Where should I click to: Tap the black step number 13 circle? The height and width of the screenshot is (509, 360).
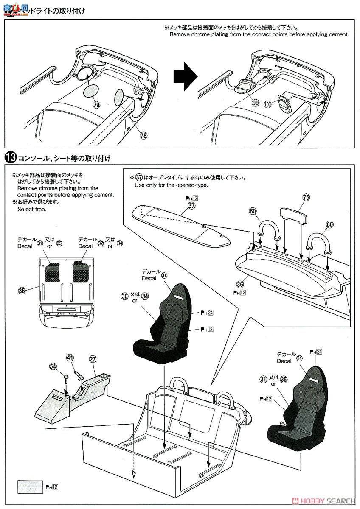pyautogui.click(x=9, y=158)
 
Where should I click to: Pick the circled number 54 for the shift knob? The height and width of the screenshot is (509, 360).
pyautogui.click(x=53, y=366)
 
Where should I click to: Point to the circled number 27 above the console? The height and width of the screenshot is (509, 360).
pyautogui.click(x=93, y=359)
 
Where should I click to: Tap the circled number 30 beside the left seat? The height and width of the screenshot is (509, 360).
pyautogui.click(x=124, y=296)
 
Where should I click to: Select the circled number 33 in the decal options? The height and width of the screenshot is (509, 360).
pyautogui.click(x=59, y=243)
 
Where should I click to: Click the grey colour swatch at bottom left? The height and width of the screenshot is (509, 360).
pyautogui.click(x=30, y=487)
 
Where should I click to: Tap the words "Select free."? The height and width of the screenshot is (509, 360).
pyautogui.click(x=32, y=209)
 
